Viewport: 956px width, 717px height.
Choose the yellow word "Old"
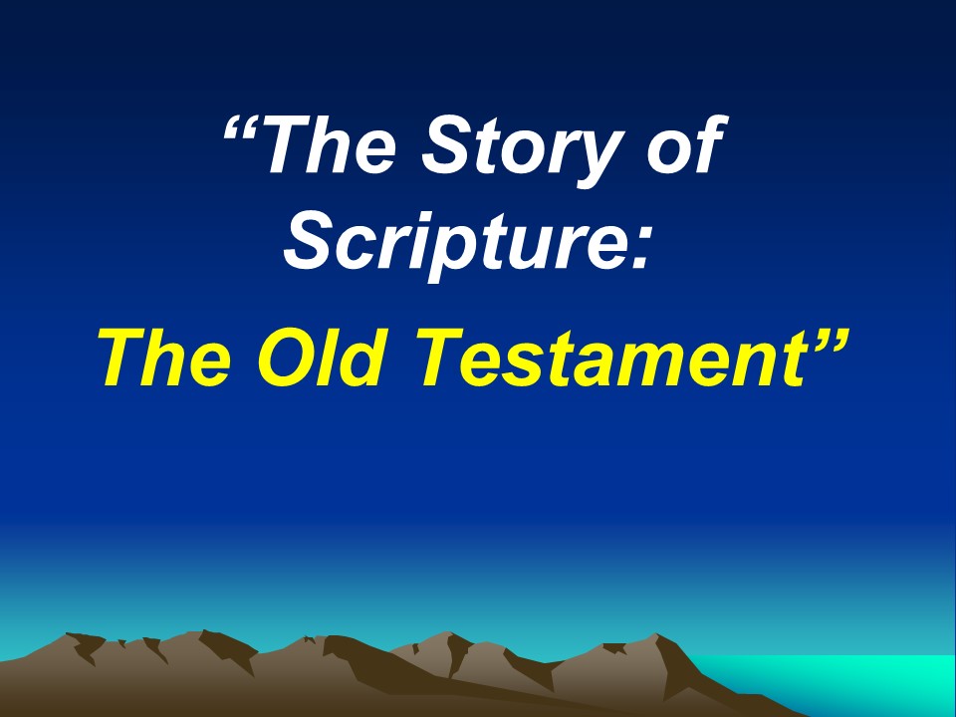point(323,358)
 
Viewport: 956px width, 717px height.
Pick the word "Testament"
point(610,358)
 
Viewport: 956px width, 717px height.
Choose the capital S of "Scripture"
point(312,241)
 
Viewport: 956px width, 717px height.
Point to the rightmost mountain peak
point(656,634)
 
